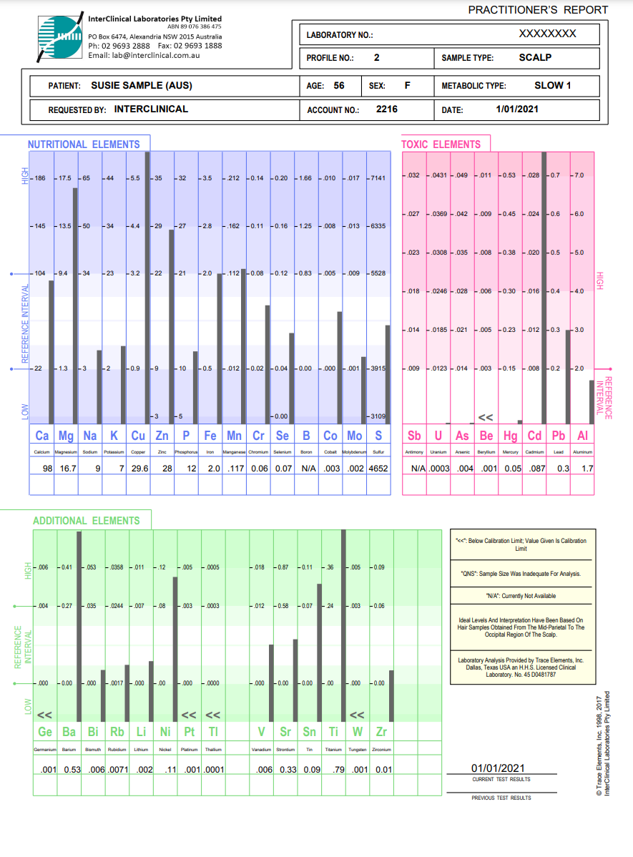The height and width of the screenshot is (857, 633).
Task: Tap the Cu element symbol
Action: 137,436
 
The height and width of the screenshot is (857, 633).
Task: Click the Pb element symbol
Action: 559,436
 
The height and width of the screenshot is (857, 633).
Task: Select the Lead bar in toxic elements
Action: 544,286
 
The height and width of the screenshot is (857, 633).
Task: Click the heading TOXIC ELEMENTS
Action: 441,145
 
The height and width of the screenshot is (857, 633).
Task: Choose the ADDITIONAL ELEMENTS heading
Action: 87,521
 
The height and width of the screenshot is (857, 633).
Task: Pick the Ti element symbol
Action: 333,732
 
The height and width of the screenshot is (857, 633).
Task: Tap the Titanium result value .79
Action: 333,770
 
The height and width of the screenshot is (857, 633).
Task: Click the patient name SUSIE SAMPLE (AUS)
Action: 142,86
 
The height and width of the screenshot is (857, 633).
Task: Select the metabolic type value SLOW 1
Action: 553,86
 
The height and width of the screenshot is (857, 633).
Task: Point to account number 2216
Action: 387,109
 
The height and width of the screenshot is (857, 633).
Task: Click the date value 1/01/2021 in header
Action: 517,109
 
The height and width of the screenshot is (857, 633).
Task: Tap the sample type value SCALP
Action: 535,57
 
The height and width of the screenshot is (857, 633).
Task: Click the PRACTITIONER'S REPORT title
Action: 538,10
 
